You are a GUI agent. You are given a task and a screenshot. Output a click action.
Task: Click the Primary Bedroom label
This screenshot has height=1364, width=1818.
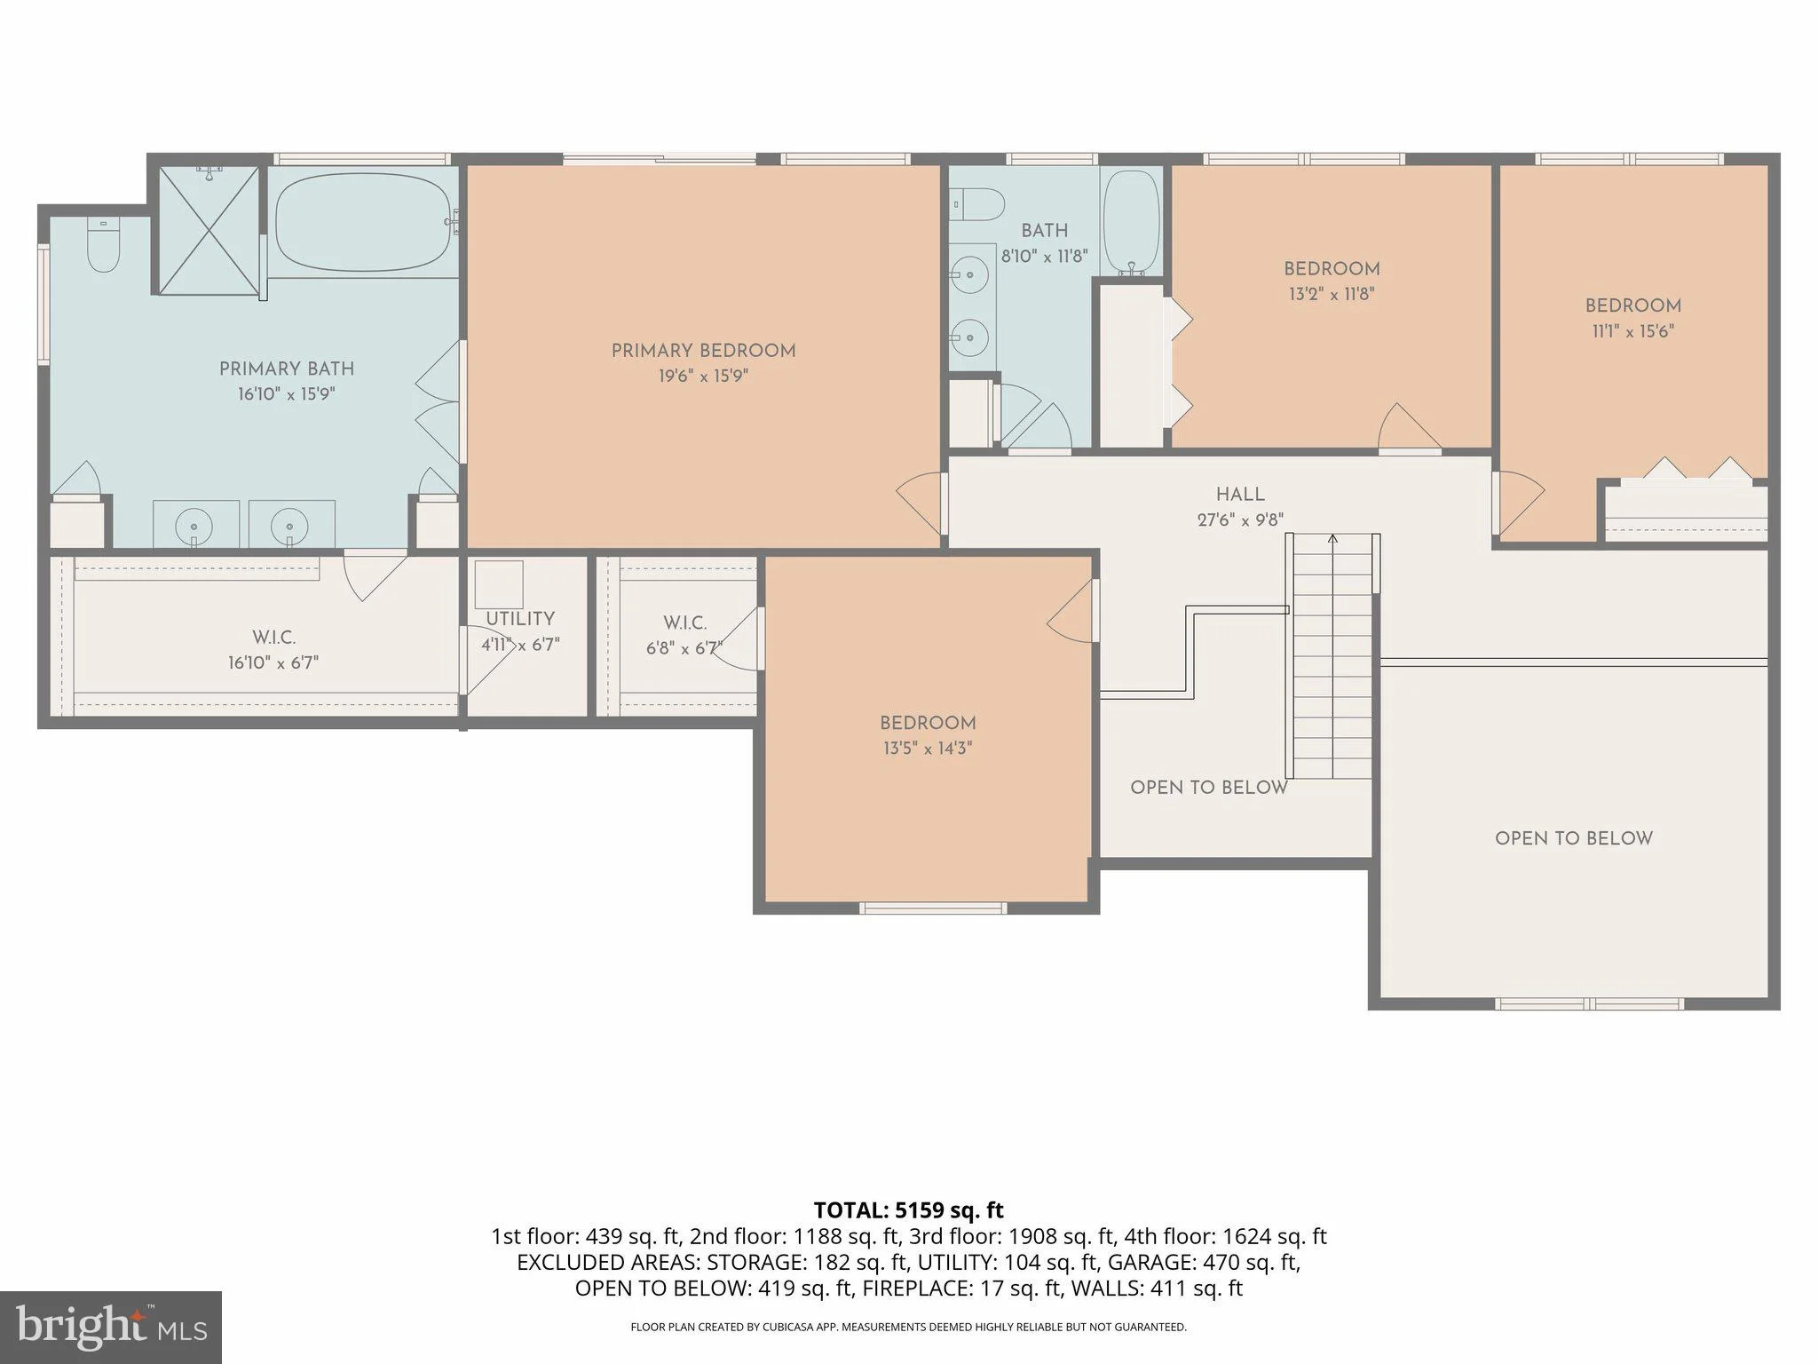tap(703, 351)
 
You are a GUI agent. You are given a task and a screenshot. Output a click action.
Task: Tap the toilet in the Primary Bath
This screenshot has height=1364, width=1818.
tap(103, 246)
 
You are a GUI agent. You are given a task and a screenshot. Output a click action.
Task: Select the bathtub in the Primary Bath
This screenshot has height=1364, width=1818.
tap(363, 222)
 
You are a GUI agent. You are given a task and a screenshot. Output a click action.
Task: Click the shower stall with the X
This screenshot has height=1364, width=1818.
tap(209, 228)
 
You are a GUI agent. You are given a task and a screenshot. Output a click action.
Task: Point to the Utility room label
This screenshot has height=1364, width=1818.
tap(520, 619)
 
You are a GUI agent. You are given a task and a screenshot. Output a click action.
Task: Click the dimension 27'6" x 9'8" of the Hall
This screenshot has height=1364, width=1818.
tap(1240, 520)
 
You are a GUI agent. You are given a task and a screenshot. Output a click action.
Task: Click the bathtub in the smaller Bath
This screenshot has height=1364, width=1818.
tap(1131, 223)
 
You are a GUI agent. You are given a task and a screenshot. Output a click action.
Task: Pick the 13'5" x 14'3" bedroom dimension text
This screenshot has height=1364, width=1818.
tap(928, 749)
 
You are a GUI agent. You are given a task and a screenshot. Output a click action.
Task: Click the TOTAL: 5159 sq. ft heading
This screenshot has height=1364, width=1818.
tap(908, 1210)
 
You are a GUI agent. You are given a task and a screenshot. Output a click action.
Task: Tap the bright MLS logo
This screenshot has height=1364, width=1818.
tap(111, 1327)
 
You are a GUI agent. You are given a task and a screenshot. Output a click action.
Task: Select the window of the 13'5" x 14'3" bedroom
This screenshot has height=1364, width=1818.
tap(933, 908)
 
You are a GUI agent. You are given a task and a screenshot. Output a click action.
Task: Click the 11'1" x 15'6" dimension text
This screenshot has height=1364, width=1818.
tap(1633, 331)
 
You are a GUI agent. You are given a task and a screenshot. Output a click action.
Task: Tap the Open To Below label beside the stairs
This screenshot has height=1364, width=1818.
tap(1209, 788)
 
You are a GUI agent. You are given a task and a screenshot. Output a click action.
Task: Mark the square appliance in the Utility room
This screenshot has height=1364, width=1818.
tap(498, 584)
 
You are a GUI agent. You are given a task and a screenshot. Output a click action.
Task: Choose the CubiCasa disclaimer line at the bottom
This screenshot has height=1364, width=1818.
tap(908, 1328)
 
